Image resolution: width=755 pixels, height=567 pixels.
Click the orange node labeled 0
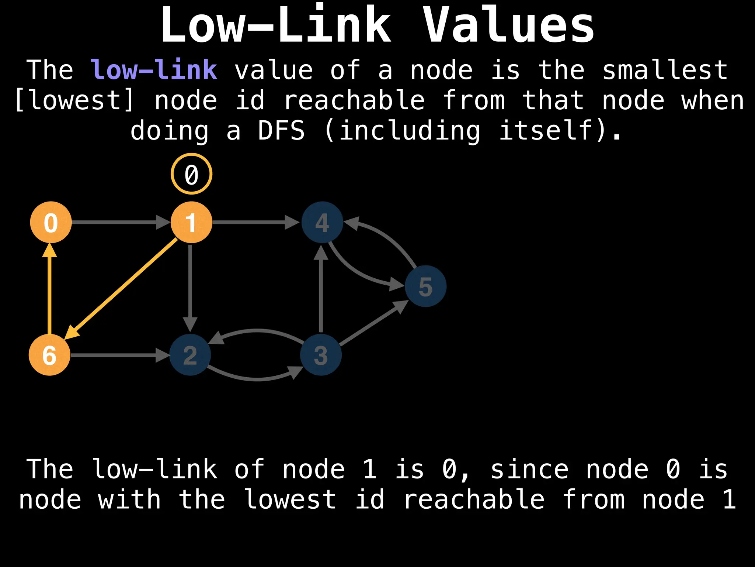pos(51,222)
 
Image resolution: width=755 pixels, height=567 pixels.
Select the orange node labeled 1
pos(191,222)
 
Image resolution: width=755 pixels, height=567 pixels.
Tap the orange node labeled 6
pos(49,355)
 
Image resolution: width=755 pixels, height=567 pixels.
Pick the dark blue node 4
pos(322,222)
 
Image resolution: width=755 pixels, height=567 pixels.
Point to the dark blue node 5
pos(425,286)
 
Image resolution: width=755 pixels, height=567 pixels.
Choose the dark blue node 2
pos(190,355)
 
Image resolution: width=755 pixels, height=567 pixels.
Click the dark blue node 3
pos(321,355)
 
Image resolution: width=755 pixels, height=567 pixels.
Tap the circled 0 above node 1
pos(191,174)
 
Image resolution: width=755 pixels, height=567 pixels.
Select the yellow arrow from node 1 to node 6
pos(122,288)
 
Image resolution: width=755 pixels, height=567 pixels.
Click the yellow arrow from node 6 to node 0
pos(50,292)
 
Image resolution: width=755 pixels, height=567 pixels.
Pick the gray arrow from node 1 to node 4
pos(254,222)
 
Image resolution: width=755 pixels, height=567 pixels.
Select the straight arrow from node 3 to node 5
pos(372,324)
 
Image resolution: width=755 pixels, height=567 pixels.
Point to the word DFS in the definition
pos(281,131)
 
